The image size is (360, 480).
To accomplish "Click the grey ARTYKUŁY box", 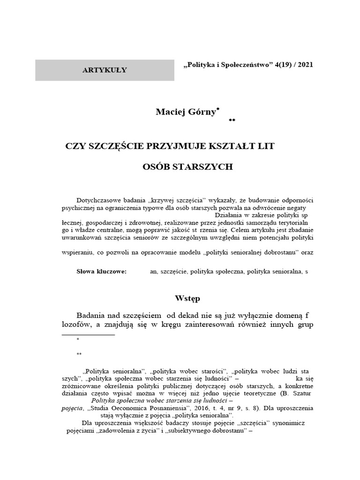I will [105, 70].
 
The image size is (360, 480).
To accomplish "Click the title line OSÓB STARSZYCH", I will [187, 167].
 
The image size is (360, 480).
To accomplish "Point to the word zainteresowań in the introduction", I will [214, 325].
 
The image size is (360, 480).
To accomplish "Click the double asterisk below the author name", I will [232, 121].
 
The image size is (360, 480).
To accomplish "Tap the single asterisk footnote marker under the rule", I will [78, 339].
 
